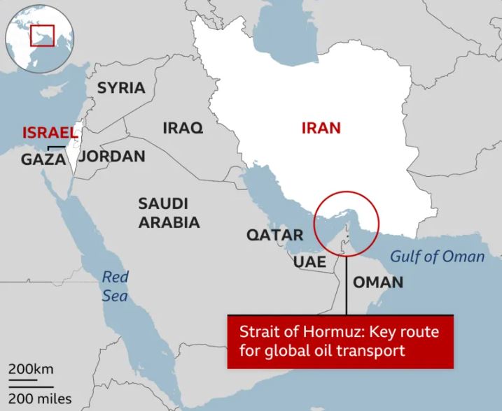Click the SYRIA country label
pyautogui.click(x=121, y=88)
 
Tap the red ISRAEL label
pyautogui.click(x=48, y=132)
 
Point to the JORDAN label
pyautogui.click(x=112, y=156)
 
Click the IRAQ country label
pyautogui.click(x=183, y=128)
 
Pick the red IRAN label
pyautogui.click(x=321, y=128)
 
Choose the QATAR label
pyautogui.click(x=274, y=235)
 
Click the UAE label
pyautogui.click(x=309, y=261)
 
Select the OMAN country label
pyautogui.click(x=378, y=282)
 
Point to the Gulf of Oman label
pyautogui.click(x=437, y=257)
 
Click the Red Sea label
pyautogui.click(x=115, y=286)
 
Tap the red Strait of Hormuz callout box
pyautogui.click(x=340, y=340)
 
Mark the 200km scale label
pyautogui.click(x=31, y=369)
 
